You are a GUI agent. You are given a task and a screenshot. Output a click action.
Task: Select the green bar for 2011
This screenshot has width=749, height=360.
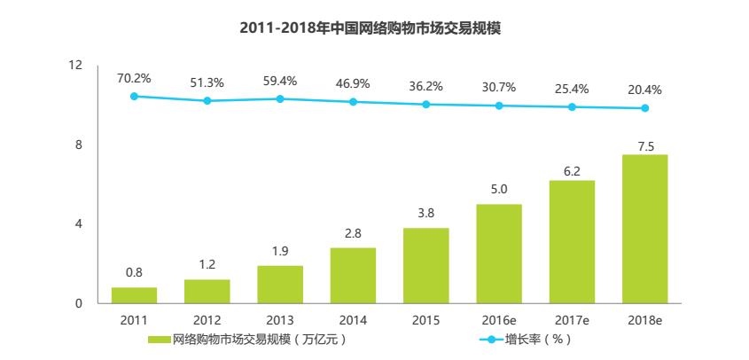134,295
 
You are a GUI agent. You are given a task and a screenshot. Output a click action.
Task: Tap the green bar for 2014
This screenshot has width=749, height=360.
353,276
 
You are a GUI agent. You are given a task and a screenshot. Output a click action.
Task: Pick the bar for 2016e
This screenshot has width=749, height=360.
499,254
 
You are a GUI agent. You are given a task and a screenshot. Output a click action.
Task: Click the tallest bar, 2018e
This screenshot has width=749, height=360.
644,229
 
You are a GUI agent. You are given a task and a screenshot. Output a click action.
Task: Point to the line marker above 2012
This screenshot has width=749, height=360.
207,101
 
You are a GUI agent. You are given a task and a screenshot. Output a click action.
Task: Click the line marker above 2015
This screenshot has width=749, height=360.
426,105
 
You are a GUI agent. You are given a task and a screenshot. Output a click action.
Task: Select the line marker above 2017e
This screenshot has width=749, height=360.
572,107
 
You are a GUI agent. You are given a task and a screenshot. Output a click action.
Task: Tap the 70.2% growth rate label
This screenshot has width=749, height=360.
134,78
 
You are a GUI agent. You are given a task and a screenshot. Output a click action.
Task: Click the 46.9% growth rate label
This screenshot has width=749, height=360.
353,83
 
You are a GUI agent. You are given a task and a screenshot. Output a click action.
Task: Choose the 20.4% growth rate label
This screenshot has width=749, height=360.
644,90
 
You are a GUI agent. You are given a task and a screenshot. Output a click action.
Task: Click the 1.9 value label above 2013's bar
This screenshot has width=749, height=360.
280,250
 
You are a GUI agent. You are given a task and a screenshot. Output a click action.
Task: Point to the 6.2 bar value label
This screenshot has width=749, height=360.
572,171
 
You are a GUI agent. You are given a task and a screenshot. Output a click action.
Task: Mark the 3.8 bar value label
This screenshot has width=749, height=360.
426,213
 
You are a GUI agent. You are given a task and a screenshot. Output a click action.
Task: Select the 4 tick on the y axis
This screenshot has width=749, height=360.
78,224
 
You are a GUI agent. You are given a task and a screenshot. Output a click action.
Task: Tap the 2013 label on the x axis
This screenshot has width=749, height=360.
280,319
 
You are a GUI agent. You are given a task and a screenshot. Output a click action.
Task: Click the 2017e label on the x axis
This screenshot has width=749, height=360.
572,319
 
